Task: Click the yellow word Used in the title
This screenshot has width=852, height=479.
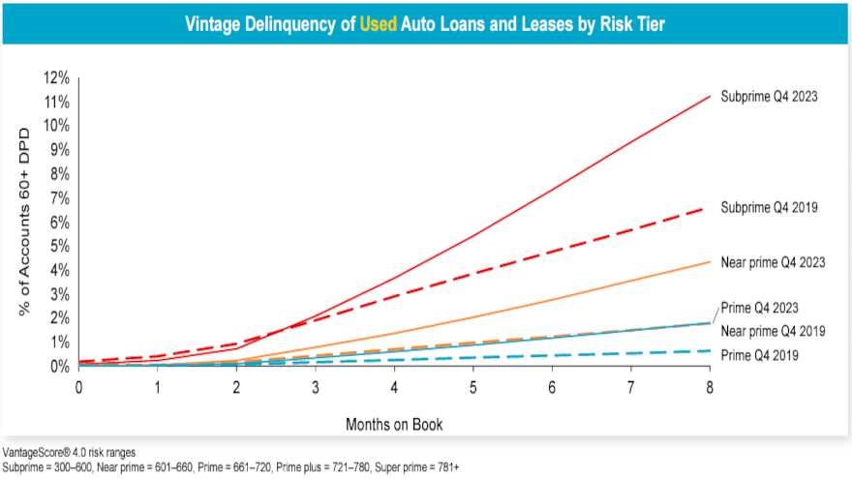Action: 378,23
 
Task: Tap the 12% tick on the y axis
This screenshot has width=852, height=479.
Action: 55,77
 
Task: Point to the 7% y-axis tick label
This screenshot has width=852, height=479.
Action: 58,197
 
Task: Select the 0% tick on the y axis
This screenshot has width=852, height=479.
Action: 58,367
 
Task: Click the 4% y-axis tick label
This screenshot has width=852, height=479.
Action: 58,270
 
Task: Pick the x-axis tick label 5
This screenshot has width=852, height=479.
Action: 473,386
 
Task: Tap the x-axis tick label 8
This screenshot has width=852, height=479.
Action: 710,386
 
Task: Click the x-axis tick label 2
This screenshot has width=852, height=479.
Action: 237,386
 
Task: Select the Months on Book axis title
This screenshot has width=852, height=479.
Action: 394,425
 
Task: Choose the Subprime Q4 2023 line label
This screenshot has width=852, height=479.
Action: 771,97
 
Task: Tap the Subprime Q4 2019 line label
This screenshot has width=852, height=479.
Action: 771,208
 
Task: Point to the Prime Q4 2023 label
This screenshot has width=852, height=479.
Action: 759,309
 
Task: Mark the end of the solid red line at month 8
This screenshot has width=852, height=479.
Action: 710,96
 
